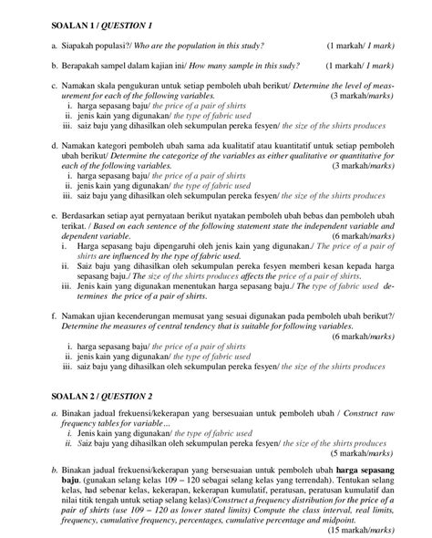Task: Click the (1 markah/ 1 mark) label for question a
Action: (361, 45)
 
